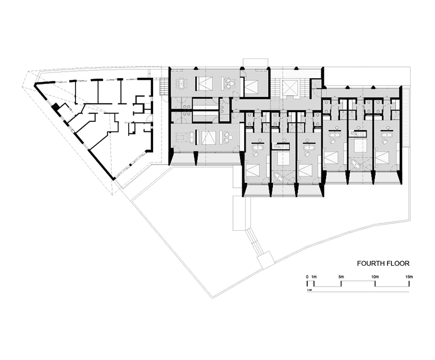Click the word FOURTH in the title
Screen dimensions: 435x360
(x=370, y=263)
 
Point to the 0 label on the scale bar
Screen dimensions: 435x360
(x=307, y=277)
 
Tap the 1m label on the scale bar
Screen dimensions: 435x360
(x=314, y=277)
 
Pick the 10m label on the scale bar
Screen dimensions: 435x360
(x=375, y=277)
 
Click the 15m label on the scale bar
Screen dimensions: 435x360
(x=408, y=277)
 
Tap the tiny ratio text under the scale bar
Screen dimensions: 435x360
(x=309, y=290)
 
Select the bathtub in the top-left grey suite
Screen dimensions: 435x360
(x=181, y=83)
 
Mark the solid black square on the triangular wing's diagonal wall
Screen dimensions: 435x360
(x=54, y=106)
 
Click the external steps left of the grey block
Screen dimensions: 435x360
(x=164, y=85)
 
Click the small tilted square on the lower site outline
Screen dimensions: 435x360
(x=265, y=259)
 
